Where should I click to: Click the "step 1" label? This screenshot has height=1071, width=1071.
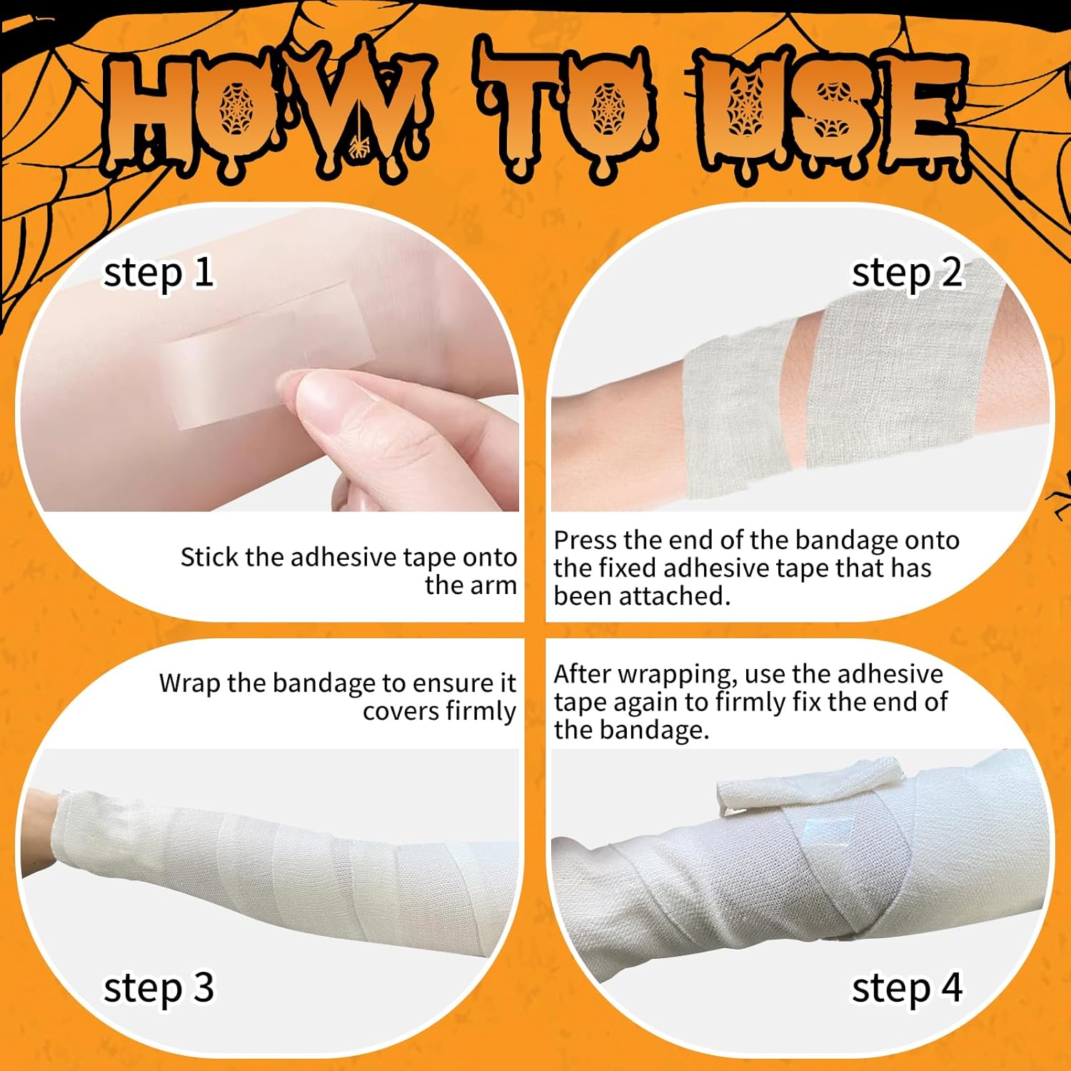coord(159,274)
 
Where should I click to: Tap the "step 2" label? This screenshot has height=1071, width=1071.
coord(907,274)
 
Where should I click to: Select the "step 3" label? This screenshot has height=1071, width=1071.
coord(159,990)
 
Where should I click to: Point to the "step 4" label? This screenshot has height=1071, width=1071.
coord(907,990)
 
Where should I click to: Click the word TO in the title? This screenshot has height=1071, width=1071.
coord(564,114)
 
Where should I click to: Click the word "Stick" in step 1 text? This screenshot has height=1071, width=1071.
coord(209,558)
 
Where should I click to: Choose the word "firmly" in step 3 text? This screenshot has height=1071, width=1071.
coord(481,711)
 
